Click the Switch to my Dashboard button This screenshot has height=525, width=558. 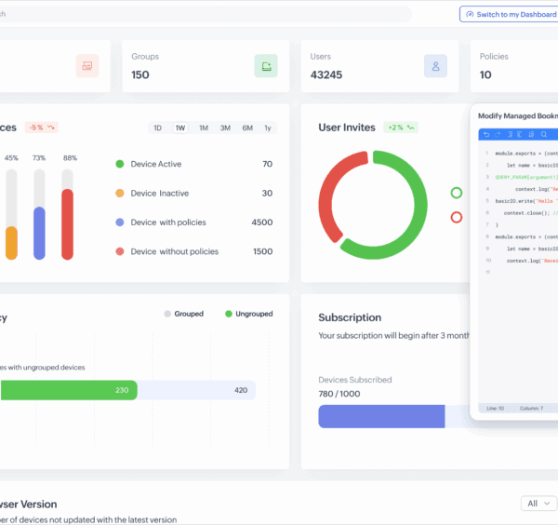click(508, 14)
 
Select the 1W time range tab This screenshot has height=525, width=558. click(180, 128)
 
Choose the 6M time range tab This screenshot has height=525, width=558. click(247, 128)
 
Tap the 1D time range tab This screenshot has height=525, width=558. click(158, 128)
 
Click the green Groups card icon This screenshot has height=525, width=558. click(266, 66)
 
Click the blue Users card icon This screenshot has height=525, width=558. click(435, 66)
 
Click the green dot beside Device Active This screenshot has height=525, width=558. click(120, 165)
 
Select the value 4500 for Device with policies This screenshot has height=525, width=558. click(261, 222)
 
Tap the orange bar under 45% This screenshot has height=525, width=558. click(11, 242)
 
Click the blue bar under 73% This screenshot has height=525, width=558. click(39, 233)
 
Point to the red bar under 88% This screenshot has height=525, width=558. click(68, 224)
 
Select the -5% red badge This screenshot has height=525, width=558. click(42, 128)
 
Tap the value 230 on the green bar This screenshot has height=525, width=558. click(122, 390)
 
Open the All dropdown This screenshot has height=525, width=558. click(538, 504)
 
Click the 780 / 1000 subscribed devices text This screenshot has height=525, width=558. click(340, 394)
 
